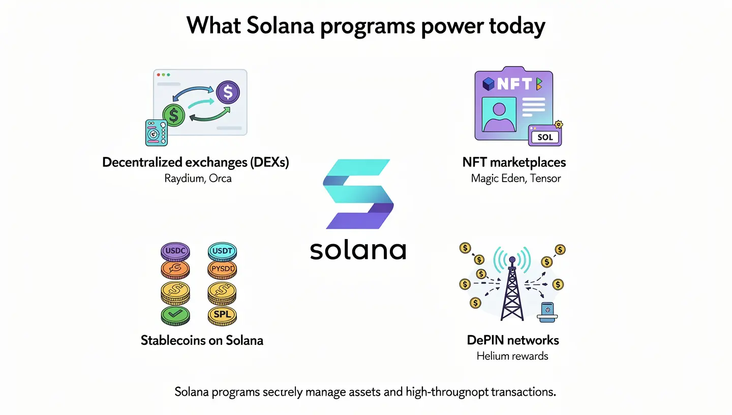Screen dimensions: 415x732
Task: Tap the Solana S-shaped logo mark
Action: (x=358, y=194)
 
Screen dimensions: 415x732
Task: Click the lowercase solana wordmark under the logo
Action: (x=358, y=250)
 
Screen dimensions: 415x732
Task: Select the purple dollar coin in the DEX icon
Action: (x=228, y=93)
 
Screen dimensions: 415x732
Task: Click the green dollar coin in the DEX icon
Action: (x=174, y=115)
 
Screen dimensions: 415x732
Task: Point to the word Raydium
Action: (x=182, y=179)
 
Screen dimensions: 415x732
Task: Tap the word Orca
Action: (x=220, y=179)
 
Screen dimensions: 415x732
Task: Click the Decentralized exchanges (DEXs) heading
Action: (x=196, y=162)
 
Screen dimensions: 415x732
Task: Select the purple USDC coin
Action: (x=175, y=251)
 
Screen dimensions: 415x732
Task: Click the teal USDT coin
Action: (x=222, y=251)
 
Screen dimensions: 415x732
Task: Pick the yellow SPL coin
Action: (x=222, y=315)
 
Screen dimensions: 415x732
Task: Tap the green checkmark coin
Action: (x=175, y=315)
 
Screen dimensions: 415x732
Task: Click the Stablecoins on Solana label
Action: (x=202, y=340)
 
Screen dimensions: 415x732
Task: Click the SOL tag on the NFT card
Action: (x=544, y=137)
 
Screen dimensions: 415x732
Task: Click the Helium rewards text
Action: (x=512, y=356)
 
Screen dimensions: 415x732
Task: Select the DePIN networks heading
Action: (x=513, y=340)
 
